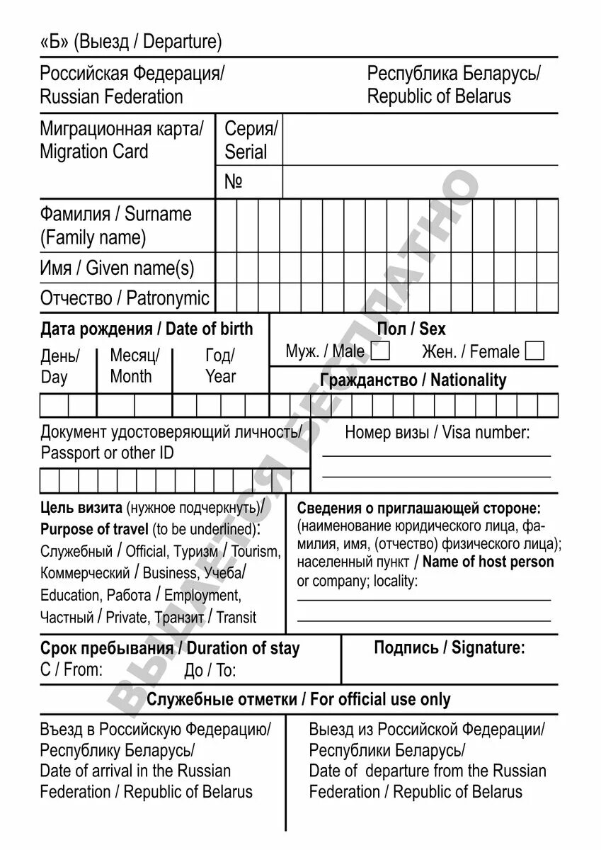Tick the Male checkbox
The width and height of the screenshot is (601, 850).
[x=381, y=351]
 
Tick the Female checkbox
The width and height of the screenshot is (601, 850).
[x=536, y=351]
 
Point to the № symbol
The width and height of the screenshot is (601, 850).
[x=234, y=182]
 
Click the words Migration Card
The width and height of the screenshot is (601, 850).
[x=94, y=152]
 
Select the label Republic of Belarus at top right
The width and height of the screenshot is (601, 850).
[x=439, y=96]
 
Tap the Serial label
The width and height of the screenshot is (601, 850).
[x=246, y=152]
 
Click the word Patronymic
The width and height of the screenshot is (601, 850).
[x=168, y=298]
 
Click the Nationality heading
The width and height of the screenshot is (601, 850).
[x=468, y=380]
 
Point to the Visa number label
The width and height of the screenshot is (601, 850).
[x=486, y=432]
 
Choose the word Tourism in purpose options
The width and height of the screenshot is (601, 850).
[x=256, y=551]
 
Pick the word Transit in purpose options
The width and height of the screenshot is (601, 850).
[x=236, y=618]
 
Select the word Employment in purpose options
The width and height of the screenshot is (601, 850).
[x=202, y=596]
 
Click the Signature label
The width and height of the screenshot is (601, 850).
[x=488, y=647]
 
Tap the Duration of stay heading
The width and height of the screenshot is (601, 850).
[x=244, y=648]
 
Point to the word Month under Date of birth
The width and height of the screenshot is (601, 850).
[x=131, y=377]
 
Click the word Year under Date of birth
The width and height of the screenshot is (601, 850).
[x=221, y=377]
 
